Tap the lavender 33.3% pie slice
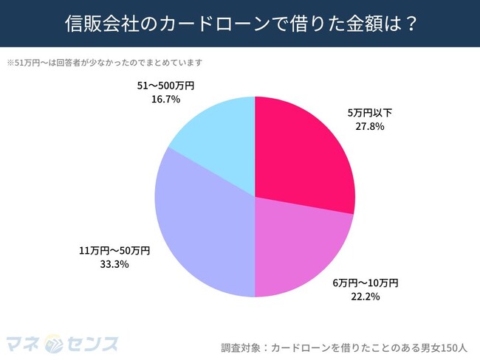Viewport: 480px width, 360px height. pos(207,229)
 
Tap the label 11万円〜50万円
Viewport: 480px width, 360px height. pos(114,250)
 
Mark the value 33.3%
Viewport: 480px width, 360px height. pos(114,263)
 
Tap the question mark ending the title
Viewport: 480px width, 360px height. pos(411,24)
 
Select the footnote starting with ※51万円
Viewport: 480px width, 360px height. pos(104,62)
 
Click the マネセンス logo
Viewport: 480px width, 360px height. pos(62,343)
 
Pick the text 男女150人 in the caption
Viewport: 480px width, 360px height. pos(442,346)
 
